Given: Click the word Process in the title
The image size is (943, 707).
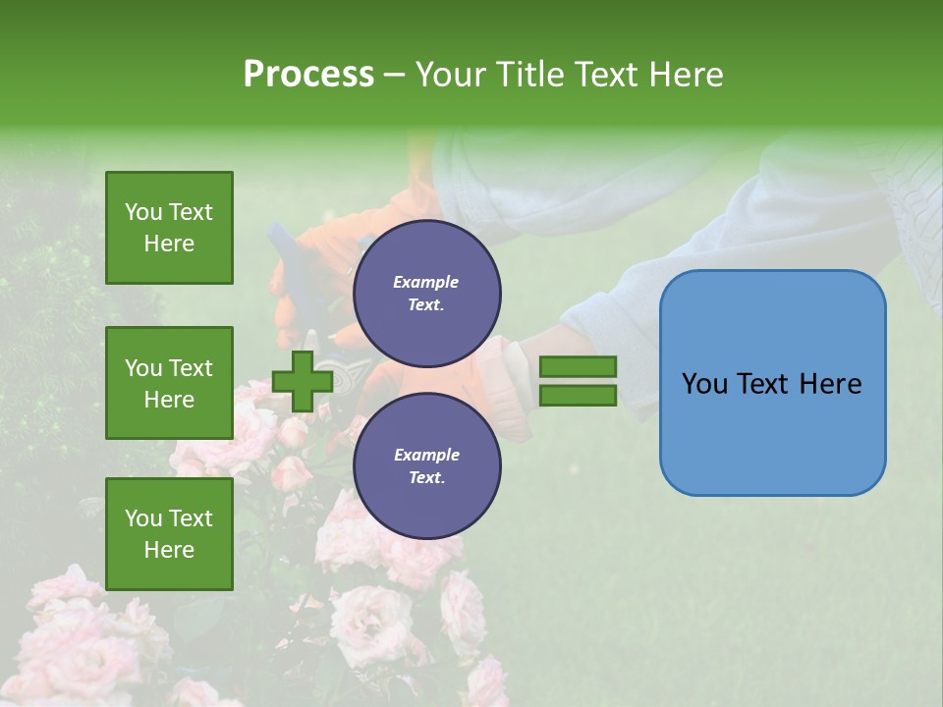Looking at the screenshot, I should click(x=308, y=75).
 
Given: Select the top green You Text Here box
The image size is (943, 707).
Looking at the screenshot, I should click(x=169, y=228).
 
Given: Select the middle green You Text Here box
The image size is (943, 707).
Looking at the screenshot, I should click(x=169, y=383).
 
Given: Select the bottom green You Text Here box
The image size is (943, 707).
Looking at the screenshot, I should click(x=169, y=534).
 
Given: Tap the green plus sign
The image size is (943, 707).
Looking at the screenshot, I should click(x=302, y=381).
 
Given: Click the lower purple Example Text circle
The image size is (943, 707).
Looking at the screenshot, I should click(x=426, y=466).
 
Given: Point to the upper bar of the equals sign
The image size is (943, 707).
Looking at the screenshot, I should click(x=579, y=366).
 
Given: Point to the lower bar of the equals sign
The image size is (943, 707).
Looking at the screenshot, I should click(x=579, y=396).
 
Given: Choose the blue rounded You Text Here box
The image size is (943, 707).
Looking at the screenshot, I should click(x=772, y=383).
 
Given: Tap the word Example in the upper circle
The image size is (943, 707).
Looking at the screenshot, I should click(x=426, y=282).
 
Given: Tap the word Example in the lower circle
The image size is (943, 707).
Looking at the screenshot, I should click(x=426, y=455).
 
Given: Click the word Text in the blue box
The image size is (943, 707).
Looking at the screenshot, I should click(x=765, y=383).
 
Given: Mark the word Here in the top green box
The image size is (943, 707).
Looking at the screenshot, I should click(x=169, y=244).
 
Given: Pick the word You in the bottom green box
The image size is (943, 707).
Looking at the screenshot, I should click(x=143, y=518).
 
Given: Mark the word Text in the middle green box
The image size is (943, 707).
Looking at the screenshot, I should click(x=190, y=368).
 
